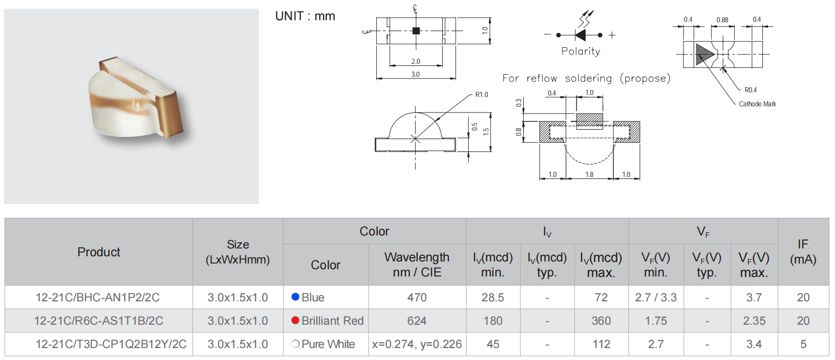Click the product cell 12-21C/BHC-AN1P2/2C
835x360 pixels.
coord(98,297)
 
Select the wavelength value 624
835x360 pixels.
coord(417,321)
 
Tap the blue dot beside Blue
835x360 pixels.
coord(295,297)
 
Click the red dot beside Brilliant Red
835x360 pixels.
coord(295,320)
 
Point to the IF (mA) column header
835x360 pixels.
coord(803,252)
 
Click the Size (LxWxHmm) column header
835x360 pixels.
coord(238,252)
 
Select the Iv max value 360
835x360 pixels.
coord(601,321)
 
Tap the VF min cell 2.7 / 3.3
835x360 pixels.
coord(655,297)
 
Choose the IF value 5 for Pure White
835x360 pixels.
coord(803,344)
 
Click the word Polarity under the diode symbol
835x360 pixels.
coord(581,51)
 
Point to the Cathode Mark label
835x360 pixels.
coord(757,104)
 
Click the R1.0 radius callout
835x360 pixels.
coord(482,94)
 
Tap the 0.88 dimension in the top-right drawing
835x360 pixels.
coord(722,20)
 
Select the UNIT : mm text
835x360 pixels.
coord(305,16)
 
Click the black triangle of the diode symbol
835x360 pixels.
coord(581,35)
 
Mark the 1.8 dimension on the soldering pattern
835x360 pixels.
coord(590,174)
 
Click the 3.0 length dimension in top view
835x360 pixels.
coord(416,74)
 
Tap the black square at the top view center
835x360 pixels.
coord(416,31)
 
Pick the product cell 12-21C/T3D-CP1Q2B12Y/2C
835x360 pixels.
coord(111,344)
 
